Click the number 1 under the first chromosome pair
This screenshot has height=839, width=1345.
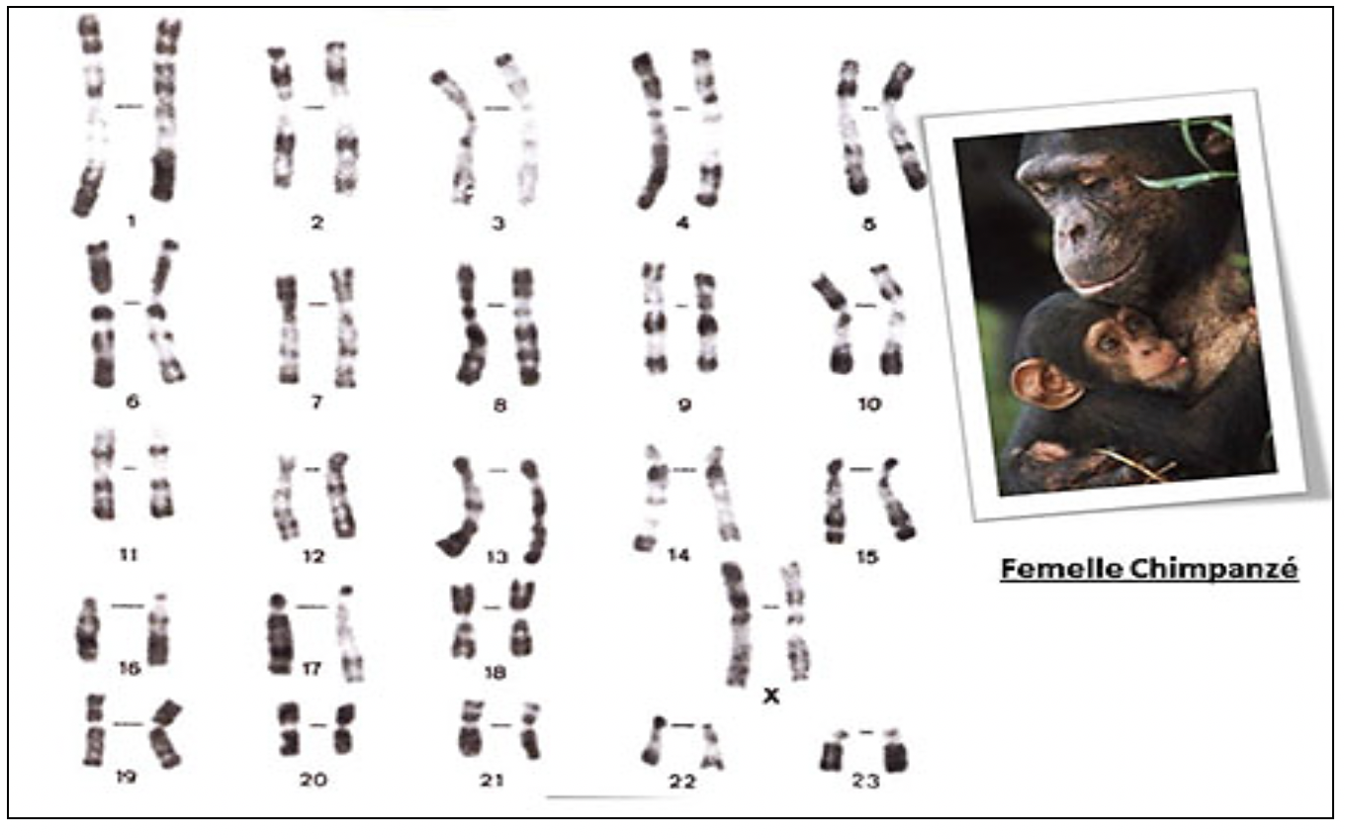pyautogui.click(x=132, y=221)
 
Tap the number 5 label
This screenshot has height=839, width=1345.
pyautogui.click(x=869, y=224)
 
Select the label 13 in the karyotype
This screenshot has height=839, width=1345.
pyautogui.click(x=497, y=558)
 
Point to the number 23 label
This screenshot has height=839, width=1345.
pyautogui.click(x=866, y=781)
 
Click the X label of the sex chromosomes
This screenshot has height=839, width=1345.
pyautogui.click(x=771, y=696)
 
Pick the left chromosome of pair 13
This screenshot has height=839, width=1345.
pyautogui.click(x=463, y=508)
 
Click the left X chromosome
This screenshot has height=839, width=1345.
pyautogui.click(x=737, y=624)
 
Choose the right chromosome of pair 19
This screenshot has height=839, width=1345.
pyautogui.click(x=166, y=734)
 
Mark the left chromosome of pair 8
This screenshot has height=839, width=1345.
pyautogui.click(x=471, y=325)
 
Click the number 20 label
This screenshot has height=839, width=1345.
pyautogui.click(x=314, y=781)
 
